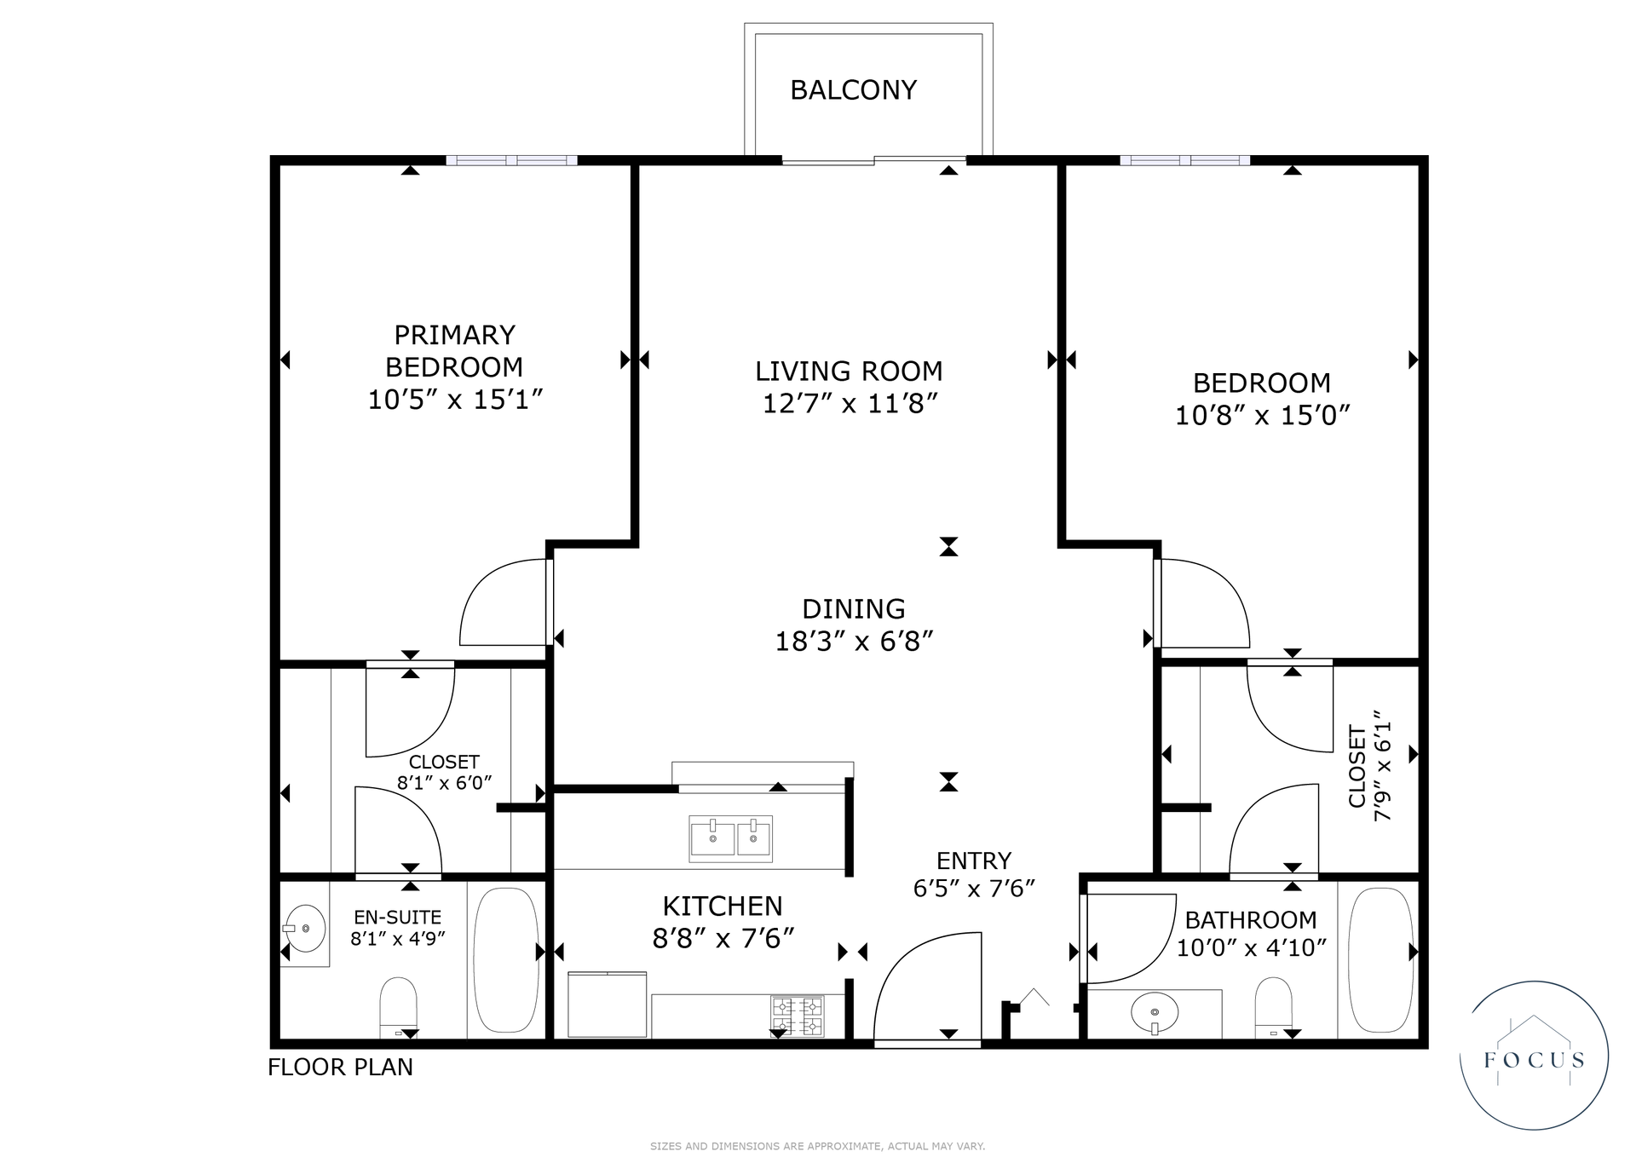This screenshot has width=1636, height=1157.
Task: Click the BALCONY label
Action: (853, 89)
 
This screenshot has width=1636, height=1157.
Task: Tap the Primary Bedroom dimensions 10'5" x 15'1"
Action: (455, 400)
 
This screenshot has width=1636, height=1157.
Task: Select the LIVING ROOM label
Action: (849, 371)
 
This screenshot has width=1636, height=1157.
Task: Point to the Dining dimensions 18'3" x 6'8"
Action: (854, 641)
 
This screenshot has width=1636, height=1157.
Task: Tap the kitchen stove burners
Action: (798, 1016)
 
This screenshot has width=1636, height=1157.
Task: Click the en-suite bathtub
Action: (506, 960)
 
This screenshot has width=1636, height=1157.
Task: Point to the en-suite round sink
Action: (304, 928)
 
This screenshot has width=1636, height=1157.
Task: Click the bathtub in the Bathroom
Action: (1381, 960)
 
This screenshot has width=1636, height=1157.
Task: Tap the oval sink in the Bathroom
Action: (1155, 1012)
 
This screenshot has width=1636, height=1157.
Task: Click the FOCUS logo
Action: (1534, 1056)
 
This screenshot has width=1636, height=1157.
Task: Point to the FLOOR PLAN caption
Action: (340, 1067)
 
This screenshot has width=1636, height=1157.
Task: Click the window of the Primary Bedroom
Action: (511, 160)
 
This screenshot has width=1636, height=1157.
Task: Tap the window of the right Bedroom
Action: (1184, 160)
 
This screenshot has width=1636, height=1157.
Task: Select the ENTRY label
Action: (974, 861)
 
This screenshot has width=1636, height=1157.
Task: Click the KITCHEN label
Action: (723, 906)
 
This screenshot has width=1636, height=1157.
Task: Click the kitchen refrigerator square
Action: (608, 1004)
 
